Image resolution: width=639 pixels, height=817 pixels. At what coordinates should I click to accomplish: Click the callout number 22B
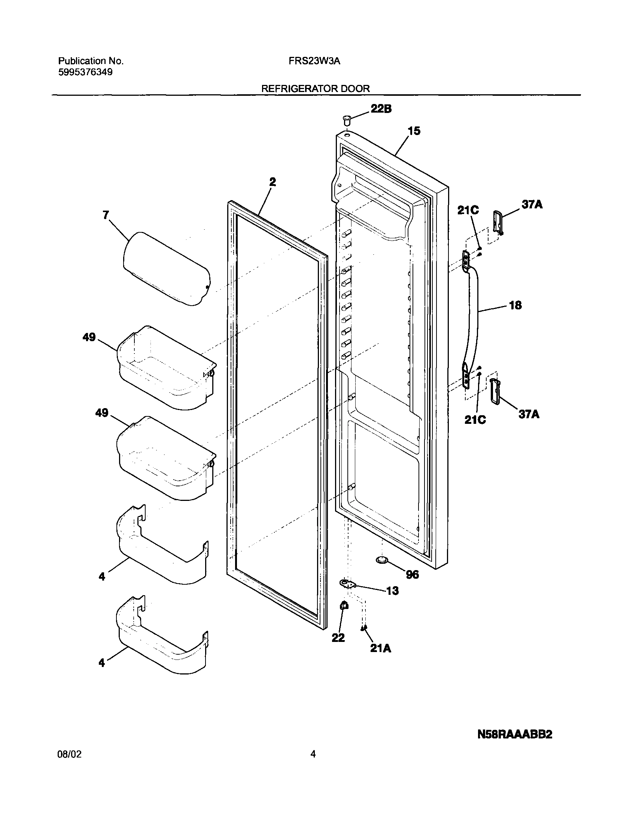[x=381, y=109]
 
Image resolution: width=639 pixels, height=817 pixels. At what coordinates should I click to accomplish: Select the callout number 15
[x=414, y=131]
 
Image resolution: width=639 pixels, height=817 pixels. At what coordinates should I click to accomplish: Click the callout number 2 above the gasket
[x=272, y=182]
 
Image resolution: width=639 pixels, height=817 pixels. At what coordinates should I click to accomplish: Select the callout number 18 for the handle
[x=515, y=305]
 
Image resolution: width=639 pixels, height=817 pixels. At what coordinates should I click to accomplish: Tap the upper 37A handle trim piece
[x=498, y=223]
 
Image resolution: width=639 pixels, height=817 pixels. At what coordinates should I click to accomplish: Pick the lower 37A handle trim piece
[x=494, y=391]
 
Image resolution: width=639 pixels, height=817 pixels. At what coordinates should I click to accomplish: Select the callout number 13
[x=392, y=591]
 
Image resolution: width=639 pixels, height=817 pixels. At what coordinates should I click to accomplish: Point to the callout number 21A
[x=380, y=648]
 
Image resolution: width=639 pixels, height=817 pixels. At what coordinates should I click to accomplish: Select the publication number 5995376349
[x=85, y=72]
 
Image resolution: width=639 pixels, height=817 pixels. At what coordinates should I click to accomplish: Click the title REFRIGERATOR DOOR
[x=315, y=89]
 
